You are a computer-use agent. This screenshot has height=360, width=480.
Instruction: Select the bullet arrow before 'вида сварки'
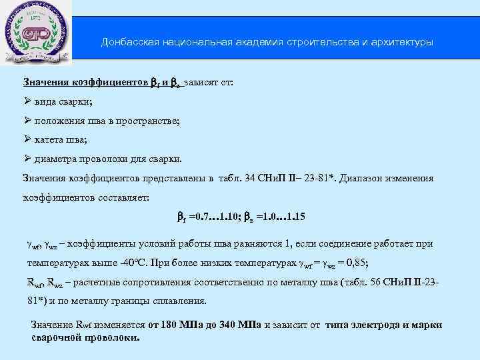point(27,101)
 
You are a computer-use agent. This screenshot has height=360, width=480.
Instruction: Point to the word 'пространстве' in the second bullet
point(151,121)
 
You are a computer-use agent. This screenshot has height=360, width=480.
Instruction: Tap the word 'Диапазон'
point(365,179)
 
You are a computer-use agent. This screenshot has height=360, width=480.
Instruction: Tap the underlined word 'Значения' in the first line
point(45,83)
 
